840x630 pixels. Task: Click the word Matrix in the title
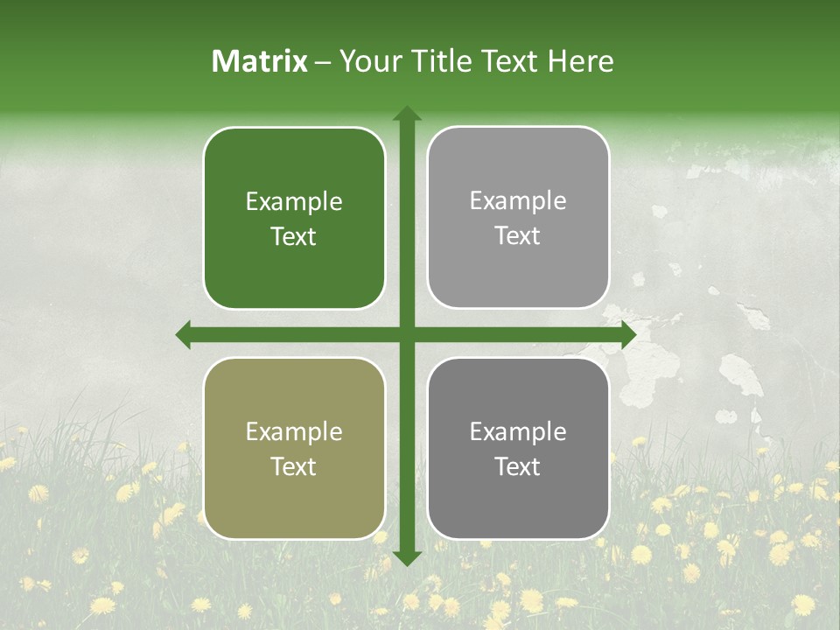tap(260, 61)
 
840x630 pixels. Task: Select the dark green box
tap(294, 218)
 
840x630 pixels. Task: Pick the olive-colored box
tap(294, 448)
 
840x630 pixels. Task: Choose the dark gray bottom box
tap(518, 448)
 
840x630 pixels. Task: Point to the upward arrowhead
tap(407, 115)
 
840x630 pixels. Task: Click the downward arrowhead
tap(407, 557)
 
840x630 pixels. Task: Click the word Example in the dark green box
tap(294, 202)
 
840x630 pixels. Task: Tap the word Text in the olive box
tap(294, 466)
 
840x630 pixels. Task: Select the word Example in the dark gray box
tap(518, 431)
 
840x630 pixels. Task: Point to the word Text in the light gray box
tap(518, 235)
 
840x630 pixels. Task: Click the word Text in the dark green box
tap(294, 236)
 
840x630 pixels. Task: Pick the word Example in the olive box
tap(294, 431)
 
